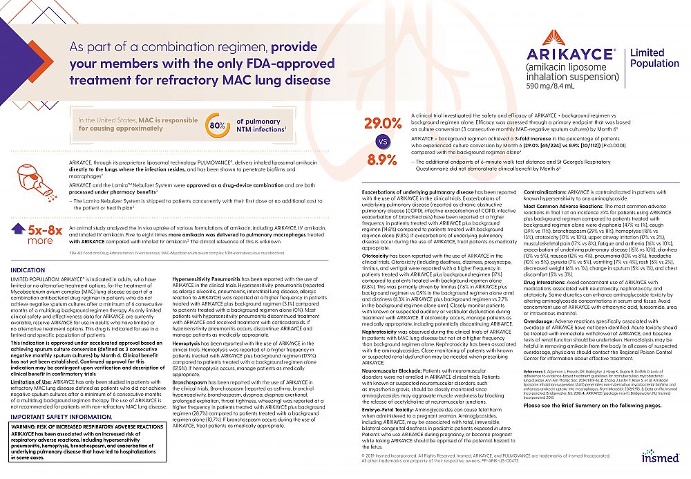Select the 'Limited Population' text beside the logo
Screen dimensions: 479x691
point(647,59)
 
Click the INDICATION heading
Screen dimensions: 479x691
point(28,270)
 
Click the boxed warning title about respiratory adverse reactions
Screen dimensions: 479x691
point(87,426)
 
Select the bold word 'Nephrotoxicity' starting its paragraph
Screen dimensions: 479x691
point(380,332)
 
